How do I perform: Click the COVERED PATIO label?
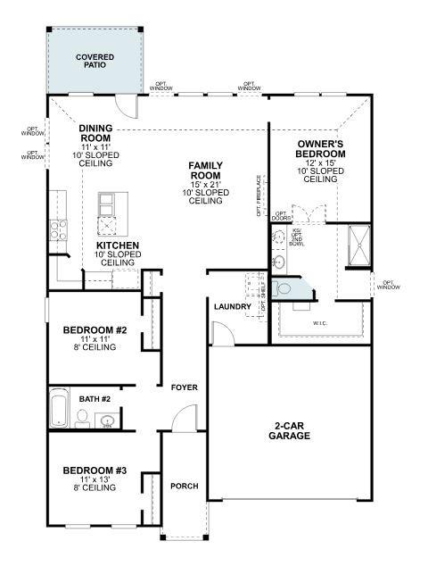pos(95,62)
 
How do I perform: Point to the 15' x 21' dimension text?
pos(205,184)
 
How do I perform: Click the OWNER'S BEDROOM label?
pos(320,148)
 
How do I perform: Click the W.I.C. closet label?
pos(320,323)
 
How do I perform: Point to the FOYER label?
pos(185,387)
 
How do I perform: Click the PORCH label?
pos(185,487)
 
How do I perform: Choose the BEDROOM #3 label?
pos(95,470)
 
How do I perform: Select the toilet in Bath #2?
pos(81,416)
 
